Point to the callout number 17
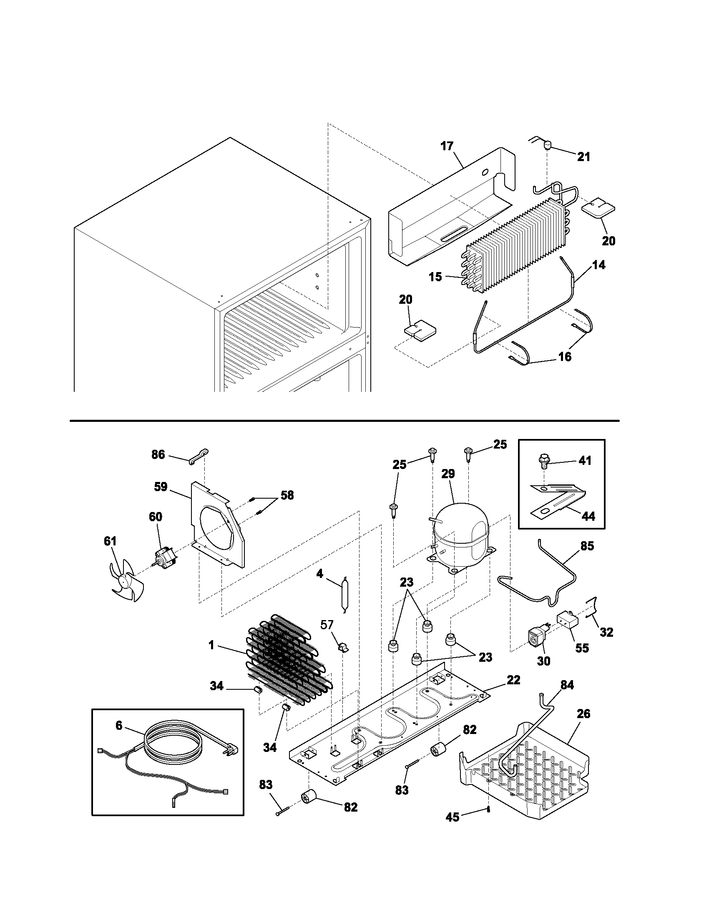pyautogui.click(x=447, y=146)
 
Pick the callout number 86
pyautogui.click(x=158, y=454)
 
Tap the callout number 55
pyautogui.click(x=582, y=648)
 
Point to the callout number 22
pyautogui.click(x=513, y=680)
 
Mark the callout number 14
pyautogui.click(x=599, y=265)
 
